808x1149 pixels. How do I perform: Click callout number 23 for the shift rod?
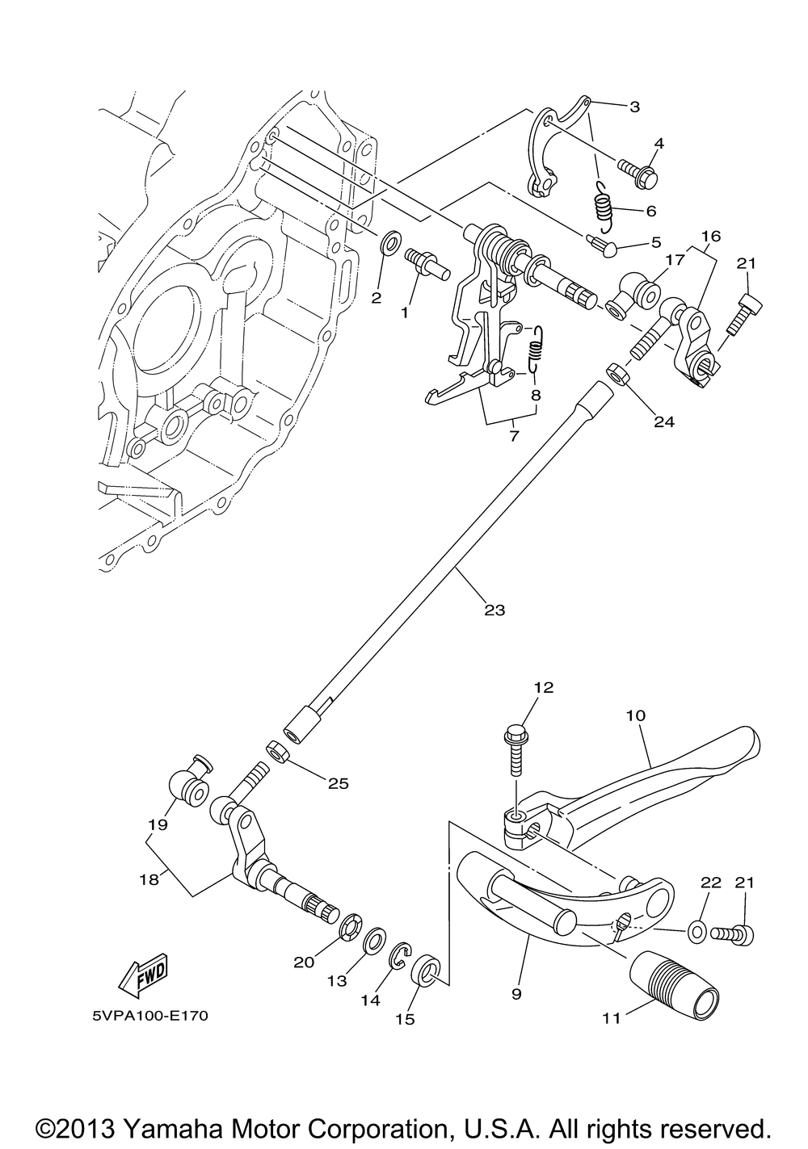pyautogui.click(x=494, y=610)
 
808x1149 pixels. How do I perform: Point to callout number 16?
pyautogui.click(x=712, y=236)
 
